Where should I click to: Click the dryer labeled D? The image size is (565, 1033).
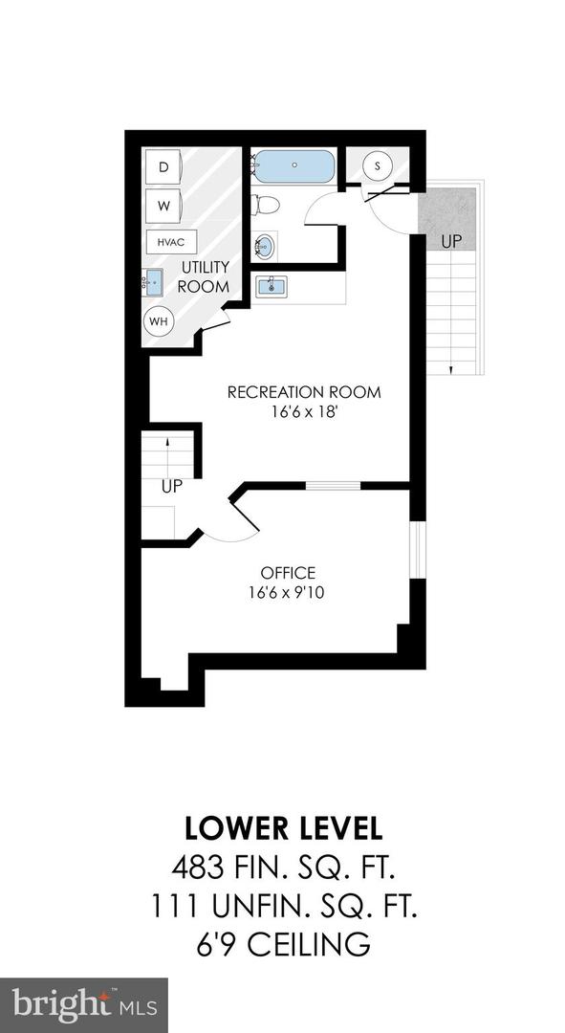coord(163,167)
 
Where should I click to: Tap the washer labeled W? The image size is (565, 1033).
coord(163,207)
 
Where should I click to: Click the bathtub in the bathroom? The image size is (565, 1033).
coord(293,166)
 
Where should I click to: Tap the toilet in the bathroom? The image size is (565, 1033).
coord(266,205)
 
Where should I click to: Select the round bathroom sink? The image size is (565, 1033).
coord(266,246)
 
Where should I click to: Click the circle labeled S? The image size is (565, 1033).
coord(378,165)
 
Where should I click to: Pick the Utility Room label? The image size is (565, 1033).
coord(206,276)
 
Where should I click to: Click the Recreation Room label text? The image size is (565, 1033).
coord(304,392)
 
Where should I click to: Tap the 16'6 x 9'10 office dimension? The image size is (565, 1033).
coord(287,592)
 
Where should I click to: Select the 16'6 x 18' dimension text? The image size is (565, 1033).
coord(304,412)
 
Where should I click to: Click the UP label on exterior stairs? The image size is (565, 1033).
coord(451,242)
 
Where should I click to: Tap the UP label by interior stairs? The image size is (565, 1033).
coord(172,487)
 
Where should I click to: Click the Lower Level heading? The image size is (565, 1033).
coord(283,828)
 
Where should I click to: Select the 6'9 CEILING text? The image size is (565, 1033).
coord(283,943)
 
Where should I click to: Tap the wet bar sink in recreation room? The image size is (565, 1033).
coord(271,287)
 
